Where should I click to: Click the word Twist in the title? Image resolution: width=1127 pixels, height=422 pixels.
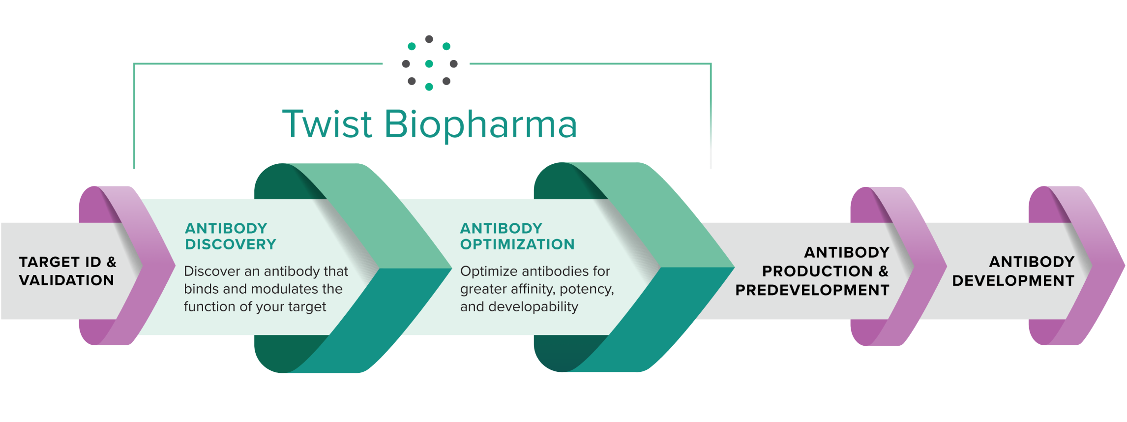click(x=327, y=124)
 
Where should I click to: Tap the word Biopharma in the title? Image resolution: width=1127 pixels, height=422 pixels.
click(x=480, y=124)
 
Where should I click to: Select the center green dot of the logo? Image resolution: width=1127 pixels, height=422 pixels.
click(x=429, y=63)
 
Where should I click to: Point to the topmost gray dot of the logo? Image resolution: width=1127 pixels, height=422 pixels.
click(x=429, y=39)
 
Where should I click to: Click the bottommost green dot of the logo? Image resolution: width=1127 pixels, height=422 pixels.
click(x=429, y=87)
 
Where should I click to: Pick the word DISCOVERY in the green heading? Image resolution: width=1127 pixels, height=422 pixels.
click(x=230, y=244)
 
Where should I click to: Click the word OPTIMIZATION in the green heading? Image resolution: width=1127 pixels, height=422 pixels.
click(x=517, y=244)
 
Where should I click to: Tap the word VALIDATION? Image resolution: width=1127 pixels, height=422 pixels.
click(x=66, y=280)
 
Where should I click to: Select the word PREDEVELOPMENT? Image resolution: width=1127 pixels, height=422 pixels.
click(x=812, y=290)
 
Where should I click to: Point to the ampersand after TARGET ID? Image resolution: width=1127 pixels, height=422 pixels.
click(x=112, y=262)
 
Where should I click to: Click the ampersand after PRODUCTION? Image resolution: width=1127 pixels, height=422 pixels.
click(x=884, y=271)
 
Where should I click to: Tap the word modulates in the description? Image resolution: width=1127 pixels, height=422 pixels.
click(x=282, y=289)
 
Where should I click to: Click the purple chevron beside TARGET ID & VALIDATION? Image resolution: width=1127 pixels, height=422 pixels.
click(x=148, y=266)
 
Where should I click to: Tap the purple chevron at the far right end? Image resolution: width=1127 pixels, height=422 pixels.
click(x=1101, y=266)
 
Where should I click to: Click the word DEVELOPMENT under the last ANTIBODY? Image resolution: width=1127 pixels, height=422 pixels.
click(x=1013, y=281)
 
